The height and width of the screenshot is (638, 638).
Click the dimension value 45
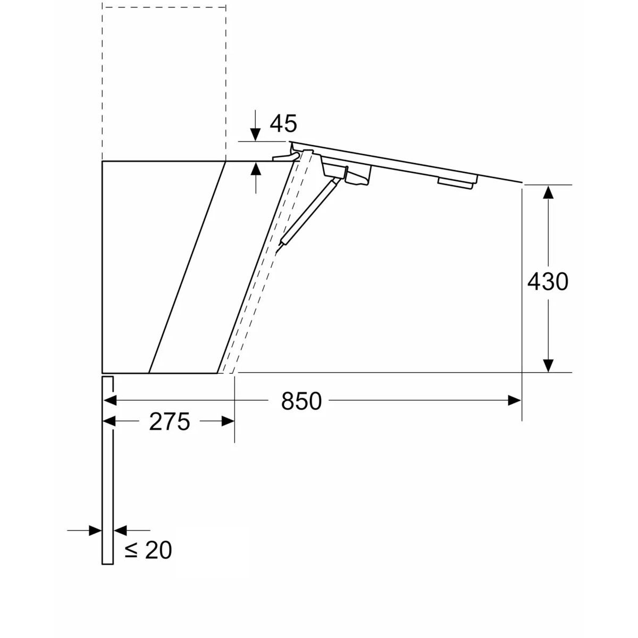tap(283, 123)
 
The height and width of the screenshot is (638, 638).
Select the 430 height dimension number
tap(548, 282)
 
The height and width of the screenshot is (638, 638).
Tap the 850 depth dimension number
tap(301, 401)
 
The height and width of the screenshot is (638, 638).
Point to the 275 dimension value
tap(170, 422)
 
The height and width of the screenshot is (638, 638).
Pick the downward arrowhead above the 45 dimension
tap(255, 135)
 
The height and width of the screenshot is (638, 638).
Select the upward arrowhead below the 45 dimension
tap(255, 169)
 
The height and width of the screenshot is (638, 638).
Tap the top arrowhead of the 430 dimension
tap(548, 192)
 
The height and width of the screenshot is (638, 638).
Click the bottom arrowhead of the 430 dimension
tap(548, 365)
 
